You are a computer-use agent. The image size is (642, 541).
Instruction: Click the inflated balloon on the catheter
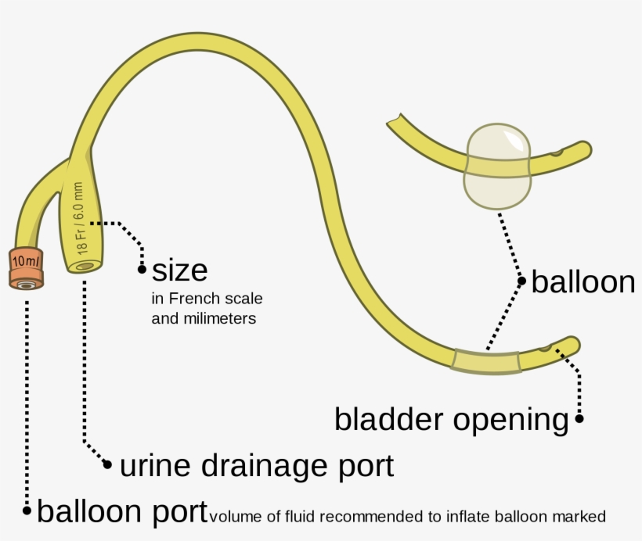pyautogui.click(x=497, y=168)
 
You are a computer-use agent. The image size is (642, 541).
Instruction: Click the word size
pyautogui.click(x=180, y=270)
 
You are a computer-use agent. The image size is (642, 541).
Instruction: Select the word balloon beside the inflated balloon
pyautogui.click(x=583, y=282)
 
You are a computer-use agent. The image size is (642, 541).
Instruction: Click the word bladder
pyautogui.click(x=390, y=419)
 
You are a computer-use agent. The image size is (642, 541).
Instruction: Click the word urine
pyautogui.click(x=153, y=466)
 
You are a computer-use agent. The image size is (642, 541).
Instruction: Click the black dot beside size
pyautogui.click(x=142, y=270)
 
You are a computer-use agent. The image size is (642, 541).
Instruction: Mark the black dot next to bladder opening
pyautogui.click(x=579, y=419)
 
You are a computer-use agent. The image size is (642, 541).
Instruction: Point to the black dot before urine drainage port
pyautogui.click(x=109, y=465)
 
